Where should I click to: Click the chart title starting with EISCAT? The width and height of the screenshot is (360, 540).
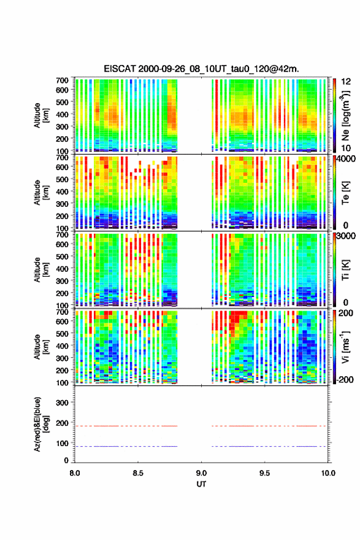click(x=201, y=69)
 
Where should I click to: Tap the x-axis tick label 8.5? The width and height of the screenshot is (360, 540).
click(x=137, y=473)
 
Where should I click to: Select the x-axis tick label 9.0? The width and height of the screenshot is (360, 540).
click(x=201, y=473)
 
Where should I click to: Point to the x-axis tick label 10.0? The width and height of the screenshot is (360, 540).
click(x=328, y=473)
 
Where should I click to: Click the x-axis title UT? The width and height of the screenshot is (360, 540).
click(x=201, y=484)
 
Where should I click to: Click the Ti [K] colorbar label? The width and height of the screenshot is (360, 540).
click(x=345, y=270)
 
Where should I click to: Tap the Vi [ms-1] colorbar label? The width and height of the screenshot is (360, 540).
click(x=345, y=347)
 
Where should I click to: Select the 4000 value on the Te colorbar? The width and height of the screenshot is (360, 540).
click(x=346, y=159)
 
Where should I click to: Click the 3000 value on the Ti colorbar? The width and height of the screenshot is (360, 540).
click(x=346, y=236)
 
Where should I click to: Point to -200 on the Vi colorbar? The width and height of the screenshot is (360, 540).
click(x=345, y=379)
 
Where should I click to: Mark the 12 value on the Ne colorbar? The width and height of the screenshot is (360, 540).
click(x=347, y=82)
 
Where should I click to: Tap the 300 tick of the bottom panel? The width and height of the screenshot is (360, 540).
click(x=62, y=403)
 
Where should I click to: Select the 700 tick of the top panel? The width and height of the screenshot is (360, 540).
click(x=62, y=80)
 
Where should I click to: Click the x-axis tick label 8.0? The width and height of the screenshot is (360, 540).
click(x=75, y=473)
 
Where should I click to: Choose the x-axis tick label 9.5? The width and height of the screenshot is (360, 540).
click(x=264, y=473)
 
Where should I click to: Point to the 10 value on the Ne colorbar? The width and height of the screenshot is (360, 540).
click(x=347, y=148)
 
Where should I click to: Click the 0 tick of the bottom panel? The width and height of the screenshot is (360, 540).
click(x=66, y=460)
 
